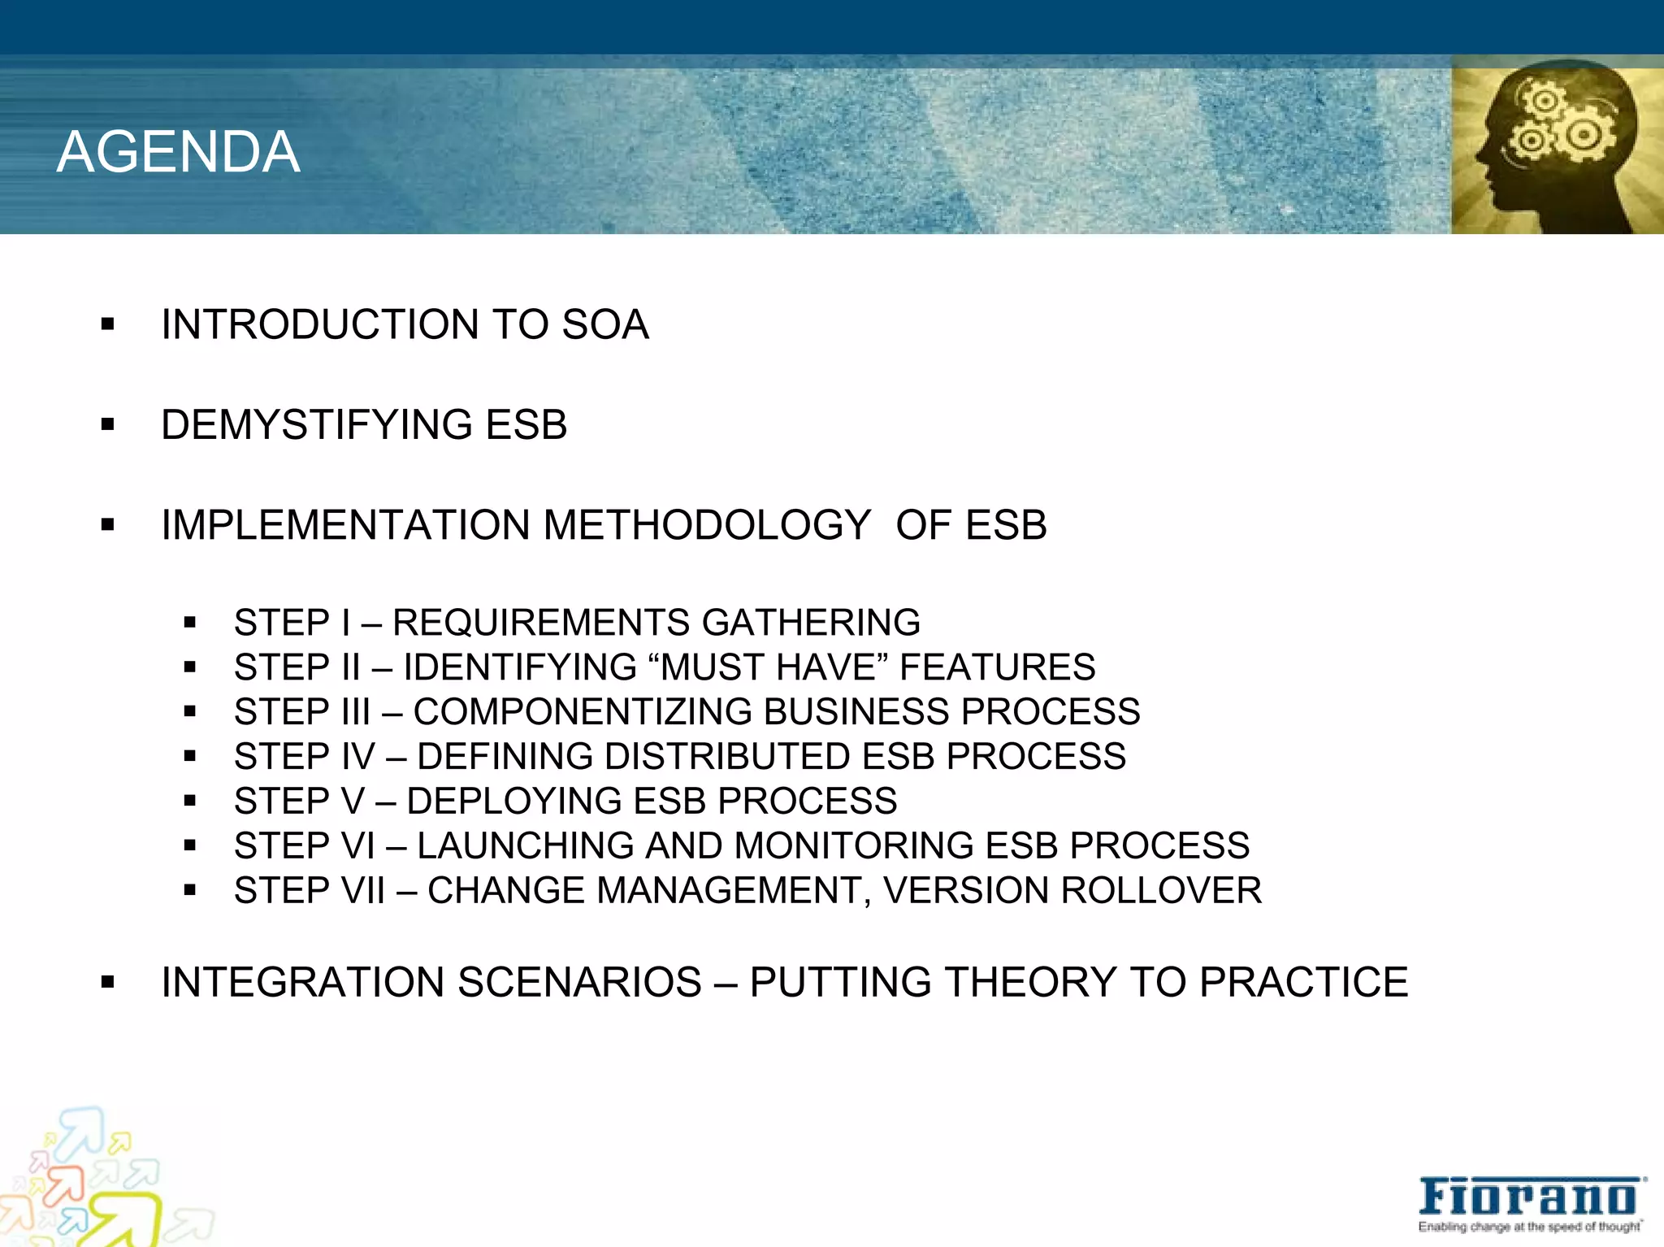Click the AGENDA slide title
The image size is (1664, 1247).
pos(179,152)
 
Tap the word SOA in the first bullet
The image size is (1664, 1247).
pos(605,324)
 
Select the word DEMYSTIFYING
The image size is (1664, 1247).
pos(316,424)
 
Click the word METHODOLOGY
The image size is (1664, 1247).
pos(707,524)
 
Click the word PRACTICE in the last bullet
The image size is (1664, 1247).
pos(1303,982)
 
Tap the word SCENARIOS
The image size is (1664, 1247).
pos(579,982)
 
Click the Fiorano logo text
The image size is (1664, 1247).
pos(1527,1197)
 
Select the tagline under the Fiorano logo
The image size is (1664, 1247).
pos(1529,1227)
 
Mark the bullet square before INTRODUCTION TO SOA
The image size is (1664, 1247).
pos(107,325)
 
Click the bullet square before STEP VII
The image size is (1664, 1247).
pos(190,891)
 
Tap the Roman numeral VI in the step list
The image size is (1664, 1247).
pos(357,845)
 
